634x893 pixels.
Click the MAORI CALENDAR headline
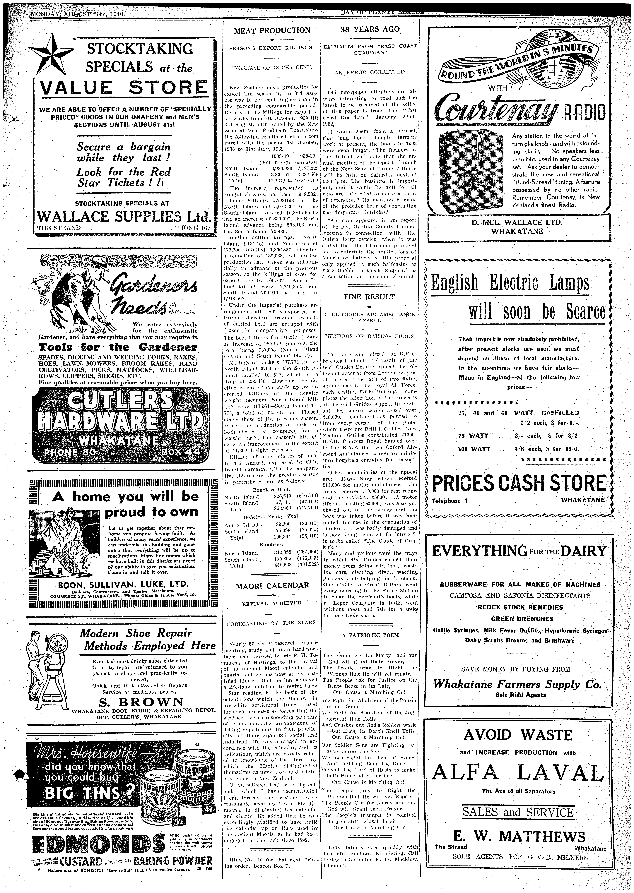point(272,585)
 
